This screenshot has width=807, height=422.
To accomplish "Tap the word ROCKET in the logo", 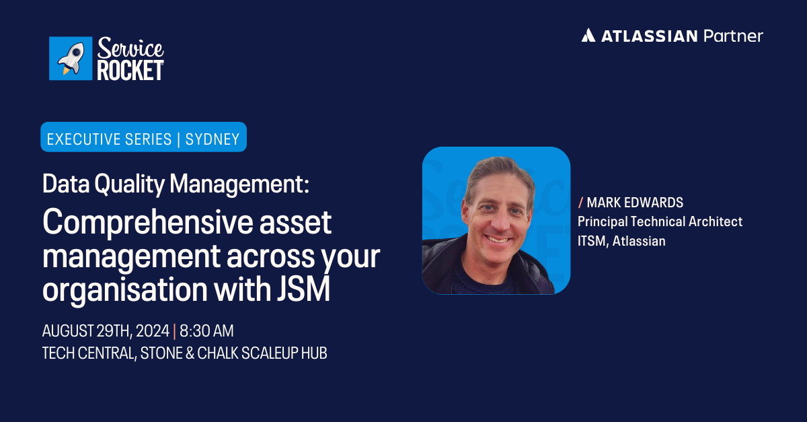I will point(130,70).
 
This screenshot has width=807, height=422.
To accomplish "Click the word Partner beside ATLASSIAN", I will point(733,36).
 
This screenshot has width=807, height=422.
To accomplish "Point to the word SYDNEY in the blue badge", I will point(213,139).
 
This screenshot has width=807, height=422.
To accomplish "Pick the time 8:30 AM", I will point(206,331).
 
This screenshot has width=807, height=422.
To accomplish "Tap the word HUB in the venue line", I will point(312,353).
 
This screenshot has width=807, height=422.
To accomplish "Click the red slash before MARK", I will point(580,203).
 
